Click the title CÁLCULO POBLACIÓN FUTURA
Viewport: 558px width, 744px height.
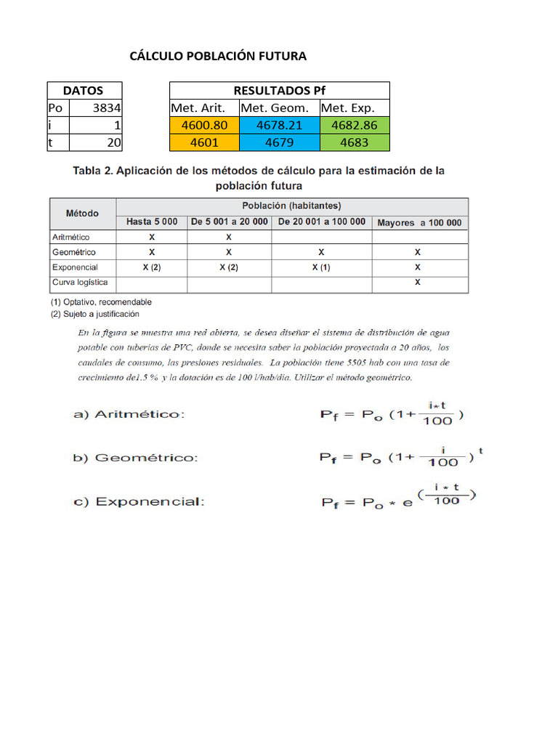click(217, 56)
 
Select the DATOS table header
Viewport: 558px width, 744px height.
click(84, 91)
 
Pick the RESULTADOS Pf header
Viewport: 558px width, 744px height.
click(280, 91)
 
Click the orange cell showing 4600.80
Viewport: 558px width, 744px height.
click(204, 125)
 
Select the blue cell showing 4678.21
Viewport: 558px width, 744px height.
click(279, 125)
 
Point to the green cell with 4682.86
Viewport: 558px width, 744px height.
click(355, 125)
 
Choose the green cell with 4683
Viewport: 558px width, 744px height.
click(355, 142)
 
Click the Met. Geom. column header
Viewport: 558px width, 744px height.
click(279, 108)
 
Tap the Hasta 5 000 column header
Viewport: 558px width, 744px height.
click(152, 222)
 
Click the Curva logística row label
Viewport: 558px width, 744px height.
click(80, 282)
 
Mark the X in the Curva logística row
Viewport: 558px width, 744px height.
click(418, 282)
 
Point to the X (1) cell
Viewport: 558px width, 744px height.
click(321, 267)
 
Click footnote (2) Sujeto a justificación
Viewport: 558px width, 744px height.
click(94, 314)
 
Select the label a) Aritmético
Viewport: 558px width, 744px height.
click(129, 414)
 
